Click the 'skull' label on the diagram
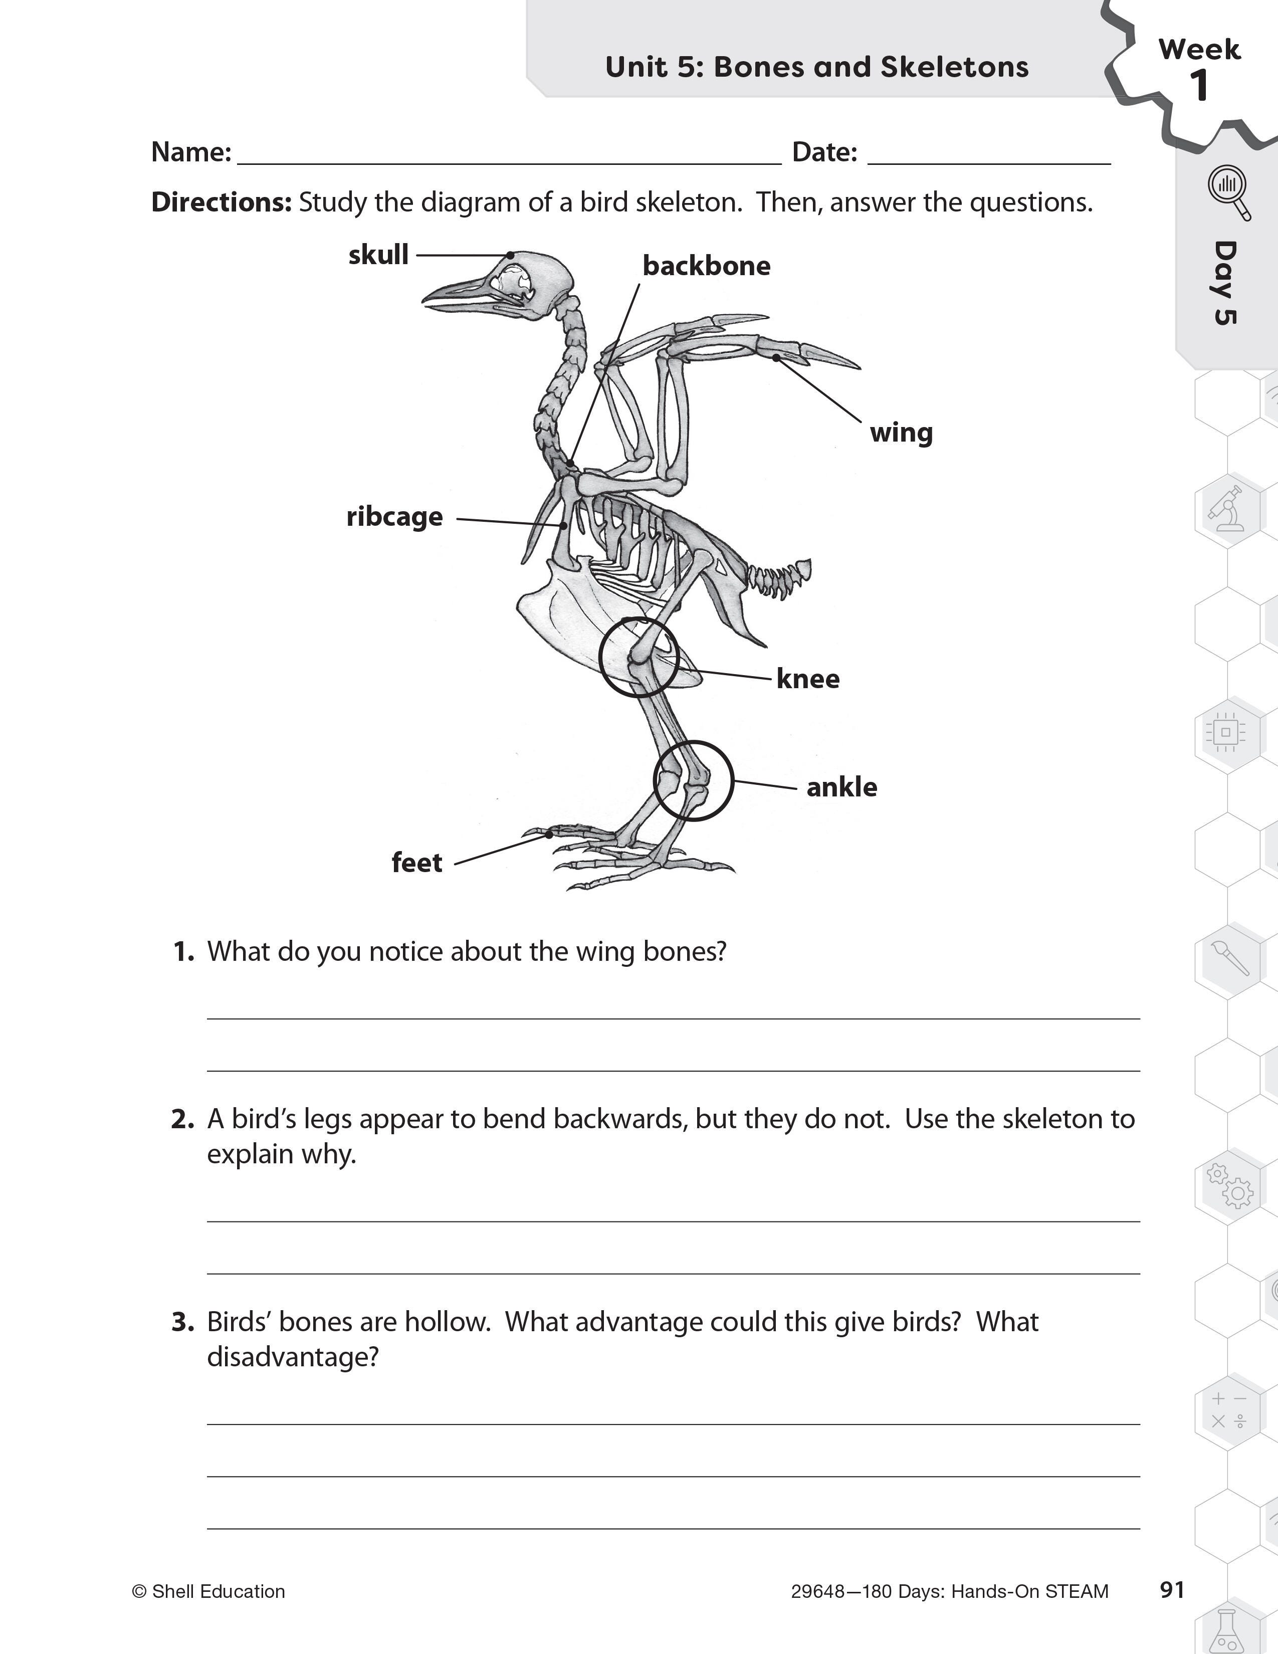(x=378, y=255)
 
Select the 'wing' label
(x=901, y=433)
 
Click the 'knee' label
(x=808, y=679)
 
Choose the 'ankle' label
(x=841, y=787)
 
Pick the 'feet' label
(x=416, y=863)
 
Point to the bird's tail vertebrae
(x=780, y=579)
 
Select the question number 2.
(x=182, y=1119)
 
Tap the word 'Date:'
(x=824, y=152)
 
